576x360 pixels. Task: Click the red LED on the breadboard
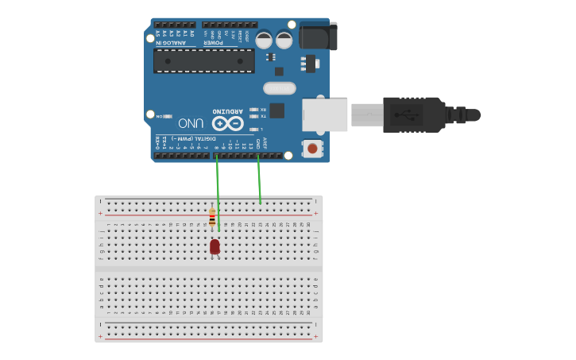coord(215,247)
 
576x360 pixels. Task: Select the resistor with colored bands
coord(212,216)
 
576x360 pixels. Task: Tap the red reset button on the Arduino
coord(312,148)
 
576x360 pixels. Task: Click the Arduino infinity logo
coord(226,123)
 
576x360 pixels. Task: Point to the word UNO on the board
coord(191,123)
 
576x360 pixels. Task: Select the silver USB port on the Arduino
coord(325,114)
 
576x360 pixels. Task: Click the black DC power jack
coord(318,36)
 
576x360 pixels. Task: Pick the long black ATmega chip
coord(204,60)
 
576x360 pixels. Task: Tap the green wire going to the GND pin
coord(259,179)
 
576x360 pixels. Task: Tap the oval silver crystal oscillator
coord(279,88)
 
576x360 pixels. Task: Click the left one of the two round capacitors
coord(264,40)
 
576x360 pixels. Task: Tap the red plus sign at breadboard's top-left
coord(100,213)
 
